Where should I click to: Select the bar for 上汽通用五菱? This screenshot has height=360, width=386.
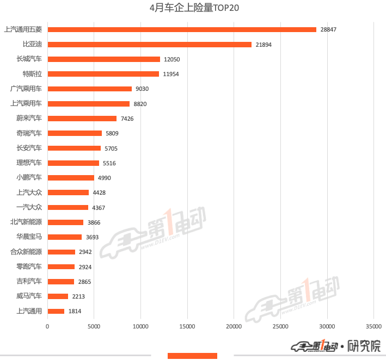(x=182, y=29)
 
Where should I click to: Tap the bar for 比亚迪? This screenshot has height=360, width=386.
(x=149, y=44)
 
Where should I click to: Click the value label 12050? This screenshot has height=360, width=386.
(x=172, y=59)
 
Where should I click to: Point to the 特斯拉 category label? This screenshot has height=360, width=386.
(x=32, y=74)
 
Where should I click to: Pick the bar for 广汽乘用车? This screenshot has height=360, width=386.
(x=89, y=89)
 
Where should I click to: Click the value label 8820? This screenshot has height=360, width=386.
(x=140, y=104)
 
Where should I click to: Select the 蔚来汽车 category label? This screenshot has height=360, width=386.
(x=29, y=119)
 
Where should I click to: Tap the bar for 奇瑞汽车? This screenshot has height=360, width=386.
(x=75, y=133)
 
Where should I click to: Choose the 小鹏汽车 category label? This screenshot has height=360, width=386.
(x=29, y=177)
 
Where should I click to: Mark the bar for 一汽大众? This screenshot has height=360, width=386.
(x=68, y=207)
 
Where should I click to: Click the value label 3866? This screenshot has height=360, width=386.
(x=94, y=222)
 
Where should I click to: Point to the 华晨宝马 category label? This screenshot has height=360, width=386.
(x=29, y=237)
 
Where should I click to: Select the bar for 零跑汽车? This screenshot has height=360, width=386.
(x=61, y=266)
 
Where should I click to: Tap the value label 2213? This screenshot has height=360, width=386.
(x=78, y=296)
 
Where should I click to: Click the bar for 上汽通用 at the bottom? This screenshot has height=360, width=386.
(x=56, y=311)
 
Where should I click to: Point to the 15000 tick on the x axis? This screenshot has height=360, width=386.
(x=187, y=326)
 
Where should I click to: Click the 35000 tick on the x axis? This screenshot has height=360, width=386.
(x=373, y=326)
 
